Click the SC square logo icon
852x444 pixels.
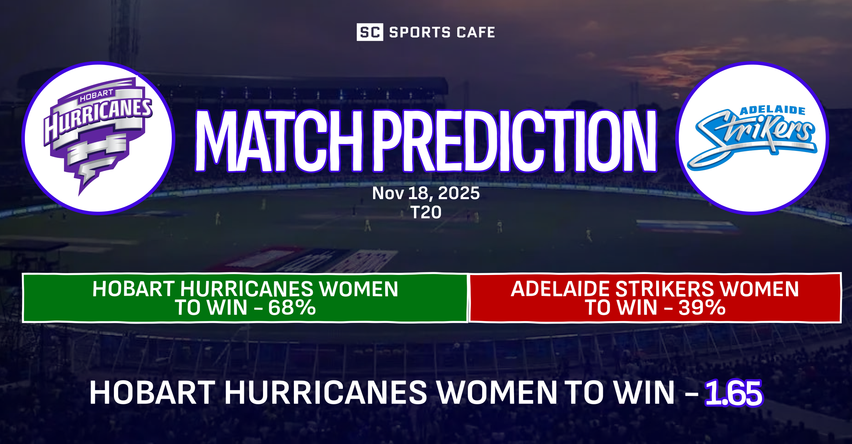pos(370,32)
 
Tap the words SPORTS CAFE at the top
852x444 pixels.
pos(442,32)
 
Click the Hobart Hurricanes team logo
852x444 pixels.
pos(98,138)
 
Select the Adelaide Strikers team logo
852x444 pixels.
pos(752,138)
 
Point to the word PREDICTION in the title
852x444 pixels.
pos(515,141)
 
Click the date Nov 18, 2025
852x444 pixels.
pos(426,193)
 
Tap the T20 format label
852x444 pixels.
pos(426,212)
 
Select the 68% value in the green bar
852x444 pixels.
pos(292,308)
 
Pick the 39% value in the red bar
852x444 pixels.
pos(702,308)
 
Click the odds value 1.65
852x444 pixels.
pos(733,393)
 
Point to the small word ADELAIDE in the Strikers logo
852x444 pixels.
pos(772,110)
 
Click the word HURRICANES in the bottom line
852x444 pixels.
pos(326,393)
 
